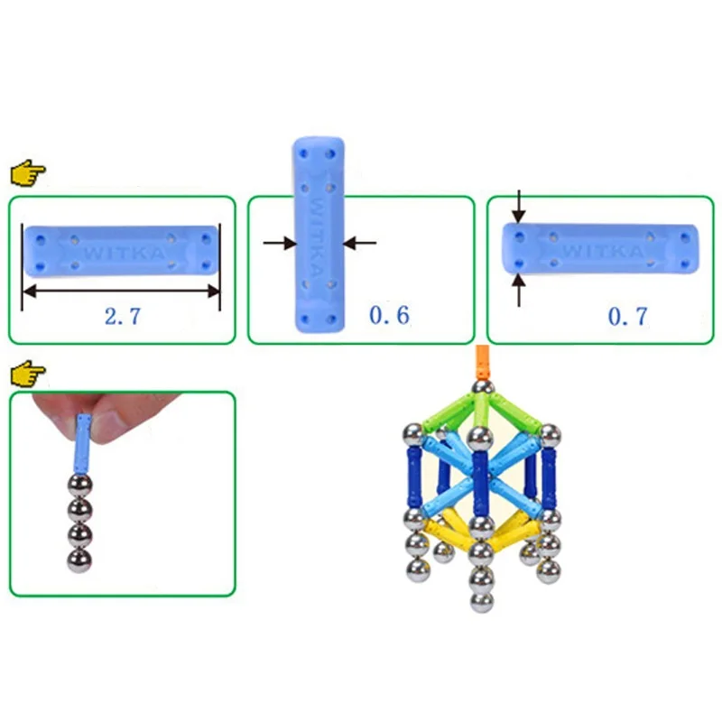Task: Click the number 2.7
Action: point(122,316)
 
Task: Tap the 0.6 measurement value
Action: point(389,315)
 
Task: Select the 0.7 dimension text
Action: point(627,316)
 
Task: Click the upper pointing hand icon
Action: point(27,171)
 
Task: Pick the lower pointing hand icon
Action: point(27,371)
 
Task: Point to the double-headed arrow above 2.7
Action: point(122,291)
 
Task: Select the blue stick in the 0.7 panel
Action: point(601,247)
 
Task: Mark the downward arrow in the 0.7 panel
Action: point(518,208)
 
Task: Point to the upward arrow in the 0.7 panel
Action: point(518,289)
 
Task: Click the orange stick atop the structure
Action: point(483,363)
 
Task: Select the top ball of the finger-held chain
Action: point(80,486)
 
